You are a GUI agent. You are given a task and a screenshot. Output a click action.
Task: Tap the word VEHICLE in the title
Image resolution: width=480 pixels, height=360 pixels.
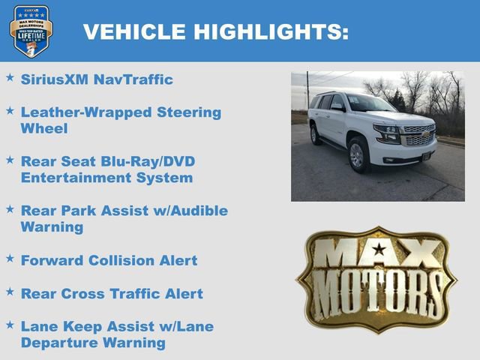134,32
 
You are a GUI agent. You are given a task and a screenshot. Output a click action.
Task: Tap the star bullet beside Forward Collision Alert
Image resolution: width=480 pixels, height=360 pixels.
10,258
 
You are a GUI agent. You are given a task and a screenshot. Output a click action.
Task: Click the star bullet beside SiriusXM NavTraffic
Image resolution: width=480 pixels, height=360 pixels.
10,77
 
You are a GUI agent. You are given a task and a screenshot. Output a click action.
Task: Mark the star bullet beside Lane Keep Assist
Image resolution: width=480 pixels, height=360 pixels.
10,324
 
